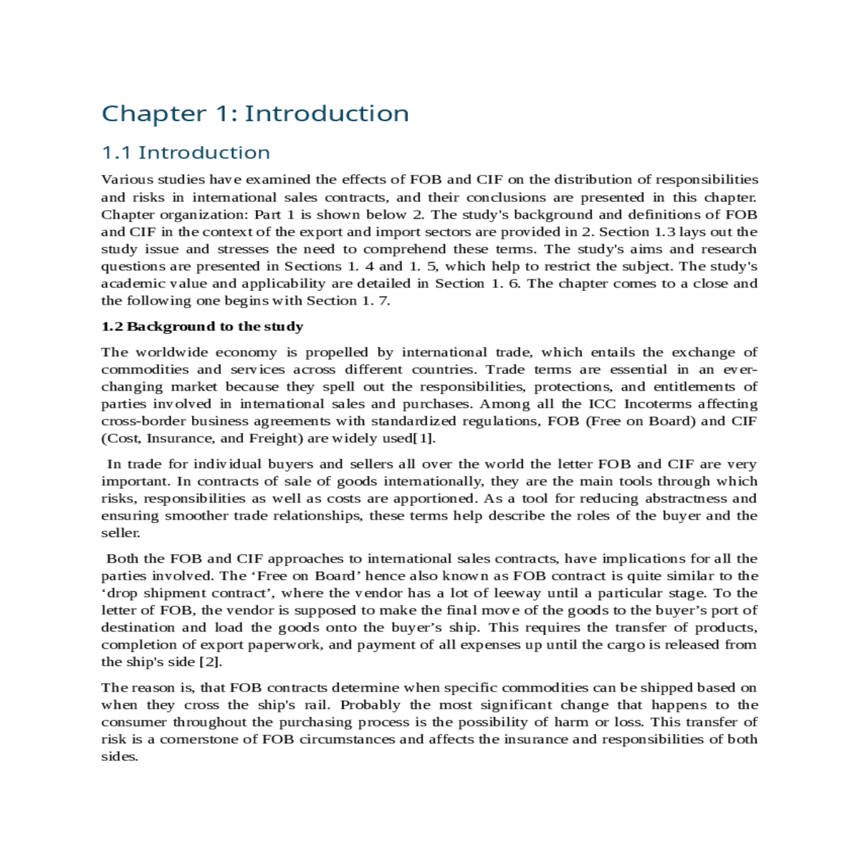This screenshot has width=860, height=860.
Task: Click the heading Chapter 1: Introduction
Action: tap(255, 113)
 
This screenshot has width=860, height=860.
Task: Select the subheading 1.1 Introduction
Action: tap(186, 153)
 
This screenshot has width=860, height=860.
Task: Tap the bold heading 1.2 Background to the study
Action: tap(202, 327)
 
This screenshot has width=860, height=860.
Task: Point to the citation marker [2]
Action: tap(210, 662)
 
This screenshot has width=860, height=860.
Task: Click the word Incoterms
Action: tap(658, 404)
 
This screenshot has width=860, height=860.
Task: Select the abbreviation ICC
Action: tap(601, 404)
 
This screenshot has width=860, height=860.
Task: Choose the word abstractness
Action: tap(687, 499)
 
